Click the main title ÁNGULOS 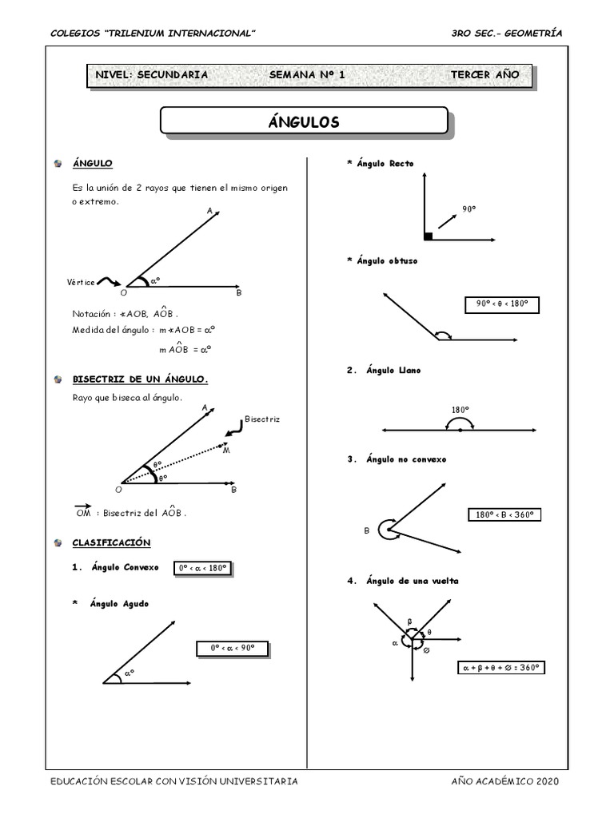303,122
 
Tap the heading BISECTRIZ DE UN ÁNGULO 140,379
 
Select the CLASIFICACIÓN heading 111,542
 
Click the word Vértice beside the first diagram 82,283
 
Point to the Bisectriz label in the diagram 262,419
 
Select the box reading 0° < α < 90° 232,649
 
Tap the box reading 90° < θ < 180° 502,304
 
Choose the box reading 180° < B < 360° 504,515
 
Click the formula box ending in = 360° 501,667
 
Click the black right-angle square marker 429,236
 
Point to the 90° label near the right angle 468,209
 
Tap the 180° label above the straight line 460,410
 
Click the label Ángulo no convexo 406,459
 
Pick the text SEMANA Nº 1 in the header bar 307,75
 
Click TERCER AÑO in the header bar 484,75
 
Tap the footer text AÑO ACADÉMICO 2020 505,781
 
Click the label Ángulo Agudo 119,604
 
